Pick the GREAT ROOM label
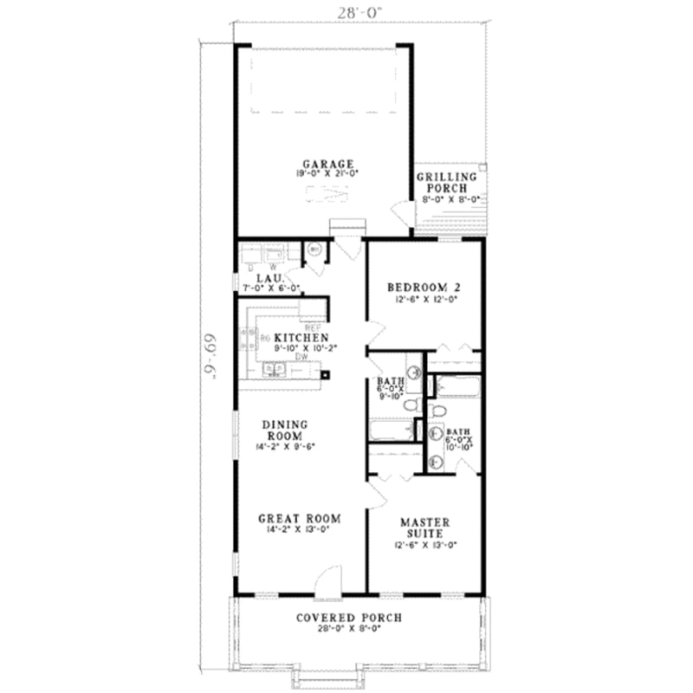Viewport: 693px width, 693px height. pos(299,518)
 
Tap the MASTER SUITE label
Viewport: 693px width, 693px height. pos(424,528)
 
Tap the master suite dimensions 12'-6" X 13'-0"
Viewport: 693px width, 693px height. pos(424,545)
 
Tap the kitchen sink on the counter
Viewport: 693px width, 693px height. pos(275,371)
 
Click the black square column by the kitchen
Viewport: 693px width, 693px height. pos(326,375)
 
